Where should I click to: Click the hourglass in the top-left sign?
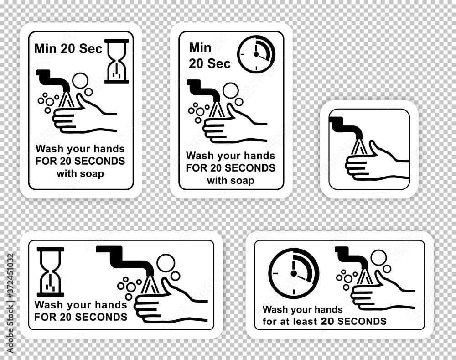click(116, 62)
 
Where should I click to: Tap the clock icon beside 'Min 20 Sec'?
click(256, 54)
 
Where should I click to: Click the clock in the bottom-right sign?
click(294, 274)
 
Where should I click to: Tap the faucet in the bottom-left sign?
click(125, 259)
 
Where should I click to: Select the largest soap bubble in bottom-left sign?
click(166, 263)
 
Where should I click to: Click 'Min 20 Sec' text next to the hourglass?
click(68, 49)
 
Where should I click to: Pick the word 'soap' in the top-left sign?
click(92, 174)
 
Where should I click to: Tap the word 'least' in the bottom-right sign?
click(307, 321)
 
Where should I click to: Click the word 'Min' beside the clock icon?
click(200, 48)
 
